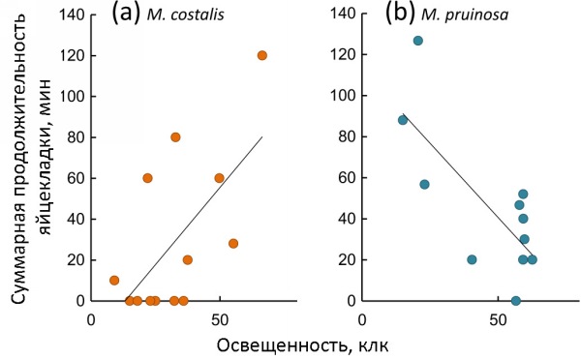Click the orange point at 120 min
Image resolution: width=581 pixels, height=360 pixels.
[261, 55]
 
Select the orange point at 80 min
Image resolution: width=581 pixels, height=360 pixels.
[175, 136]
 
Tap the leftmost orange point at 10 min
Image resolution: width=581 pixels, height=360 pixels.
[114, 281]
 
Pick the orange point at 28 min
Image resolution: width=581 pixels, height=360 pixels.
[233, 244]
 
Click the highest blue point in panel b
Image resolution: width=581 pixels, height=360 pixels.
[417, 41]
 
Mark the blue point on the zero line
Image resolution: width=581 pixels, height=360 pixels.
[515, 301]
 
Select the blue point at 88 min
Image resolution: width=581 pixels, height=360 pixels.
[403, 120]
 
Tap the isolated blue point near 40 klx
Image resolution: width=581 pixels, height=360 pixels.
[472, 259]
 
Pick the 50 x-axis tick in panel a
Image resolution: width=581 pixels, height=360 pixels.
[219, 320]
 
